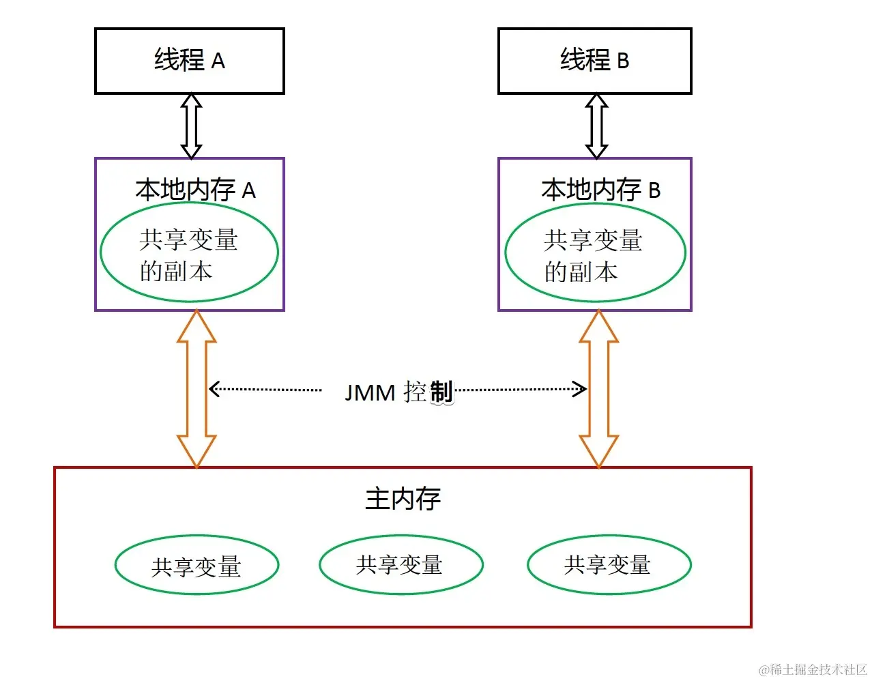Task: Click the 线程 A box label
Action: click(189, 61)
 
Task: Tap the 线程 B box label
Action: click(594, 61)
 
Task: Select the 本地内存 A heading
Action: click(195, 190)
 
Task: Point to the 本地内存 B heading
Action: click(600, 190)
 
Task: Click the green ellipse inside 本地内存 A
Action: click(189, 252)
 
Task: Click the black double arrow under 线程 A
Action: click(191, 126)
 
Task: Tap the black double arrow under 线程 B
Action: click(596, 126)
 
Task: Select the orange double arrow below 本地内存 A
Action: click(197, 388)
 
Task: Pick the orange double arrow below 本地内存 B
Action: click(598, 388)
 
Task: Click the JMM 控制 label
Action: click(398, 392)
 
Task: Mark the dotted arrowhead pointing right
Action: click(581, 390)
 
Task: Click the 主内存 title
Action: click(403, 499)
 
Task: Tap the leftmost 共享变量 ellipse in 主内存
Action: click(197, 565)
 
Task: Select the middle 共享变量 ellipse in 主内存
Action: click(401, 564)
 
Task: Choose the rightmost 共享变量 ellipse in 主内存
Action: click(609, 564)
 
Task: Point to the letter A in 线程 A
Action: click(218, 61)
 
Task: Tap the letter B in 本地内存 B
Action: click(654, 190)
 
